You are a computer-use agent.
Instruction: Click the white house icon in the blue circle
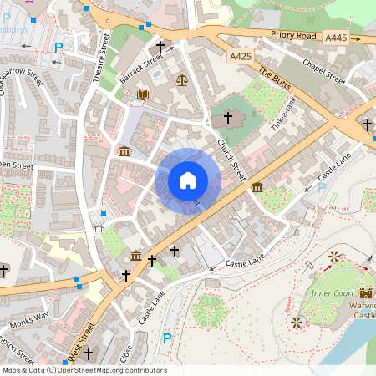coord(188,180)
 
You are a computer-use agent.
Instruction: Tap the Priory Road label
coord(292,36)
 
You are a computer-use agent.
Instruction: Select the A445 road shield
coord(336,38)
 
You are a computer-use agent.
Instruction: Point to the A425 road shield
coord(240,56)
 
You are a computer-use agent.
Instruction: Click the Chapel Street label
coord(325,70)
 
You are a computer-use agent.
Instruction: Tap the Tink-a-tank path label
coord(285,113)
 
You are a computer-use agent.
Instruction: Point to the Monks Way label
coord(30,318)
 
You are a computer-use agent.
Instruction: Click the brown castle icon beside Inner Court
coord(366,292)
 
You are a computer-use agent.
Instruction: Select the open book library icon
coord(141,94)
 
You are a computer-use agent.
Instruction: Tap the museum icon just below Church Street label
coord(257,187)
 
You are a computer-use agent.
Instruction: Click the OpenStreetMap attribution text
coord(84,370)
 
